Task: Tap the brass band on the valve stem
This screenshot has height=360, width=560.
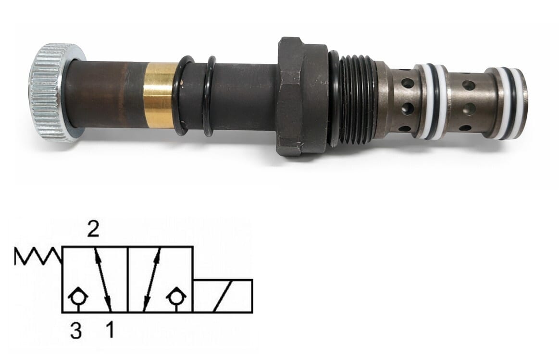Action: point(160,95)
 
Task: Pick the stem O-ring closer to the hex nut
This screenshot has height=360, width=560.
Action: point(209,97)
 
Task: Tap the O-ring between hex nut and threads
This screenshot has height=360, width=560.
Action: point(334,99)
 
